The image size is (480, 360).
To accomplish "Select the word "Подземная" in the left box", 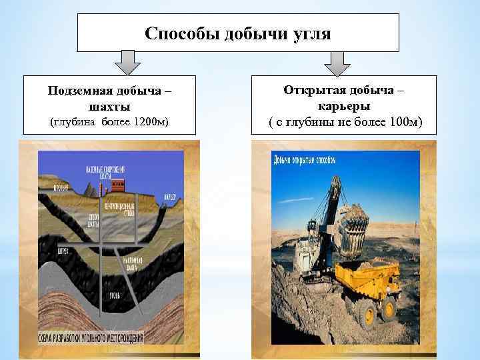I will pyautogui.click(x=79, y=91).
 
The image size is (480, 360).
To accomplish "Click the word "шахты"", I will pyautogui.click(x=109, y=107).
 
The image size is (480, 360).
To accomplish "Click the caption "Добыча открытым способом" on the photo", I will pyautogui.click(x=304, y=159).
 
